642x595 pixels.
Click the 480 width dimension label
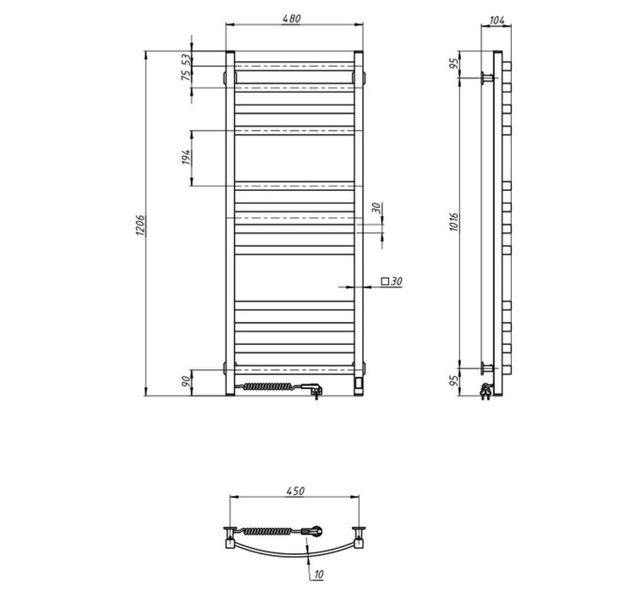291,19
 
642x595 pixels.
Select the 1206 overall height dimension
141,225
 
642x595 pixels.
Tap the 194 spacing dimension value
186,158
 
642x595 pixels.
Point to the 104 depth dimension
497,20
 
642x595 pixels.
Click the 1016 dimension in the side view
454,222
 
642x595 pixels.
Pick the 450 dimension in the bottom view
296,490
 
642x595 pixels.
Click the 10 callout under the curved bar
318,574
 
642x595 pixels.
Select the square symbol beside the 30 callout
384,281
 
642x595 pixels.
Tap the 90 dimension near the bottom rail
186,382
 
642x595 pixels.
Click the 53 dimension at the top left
186,59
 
